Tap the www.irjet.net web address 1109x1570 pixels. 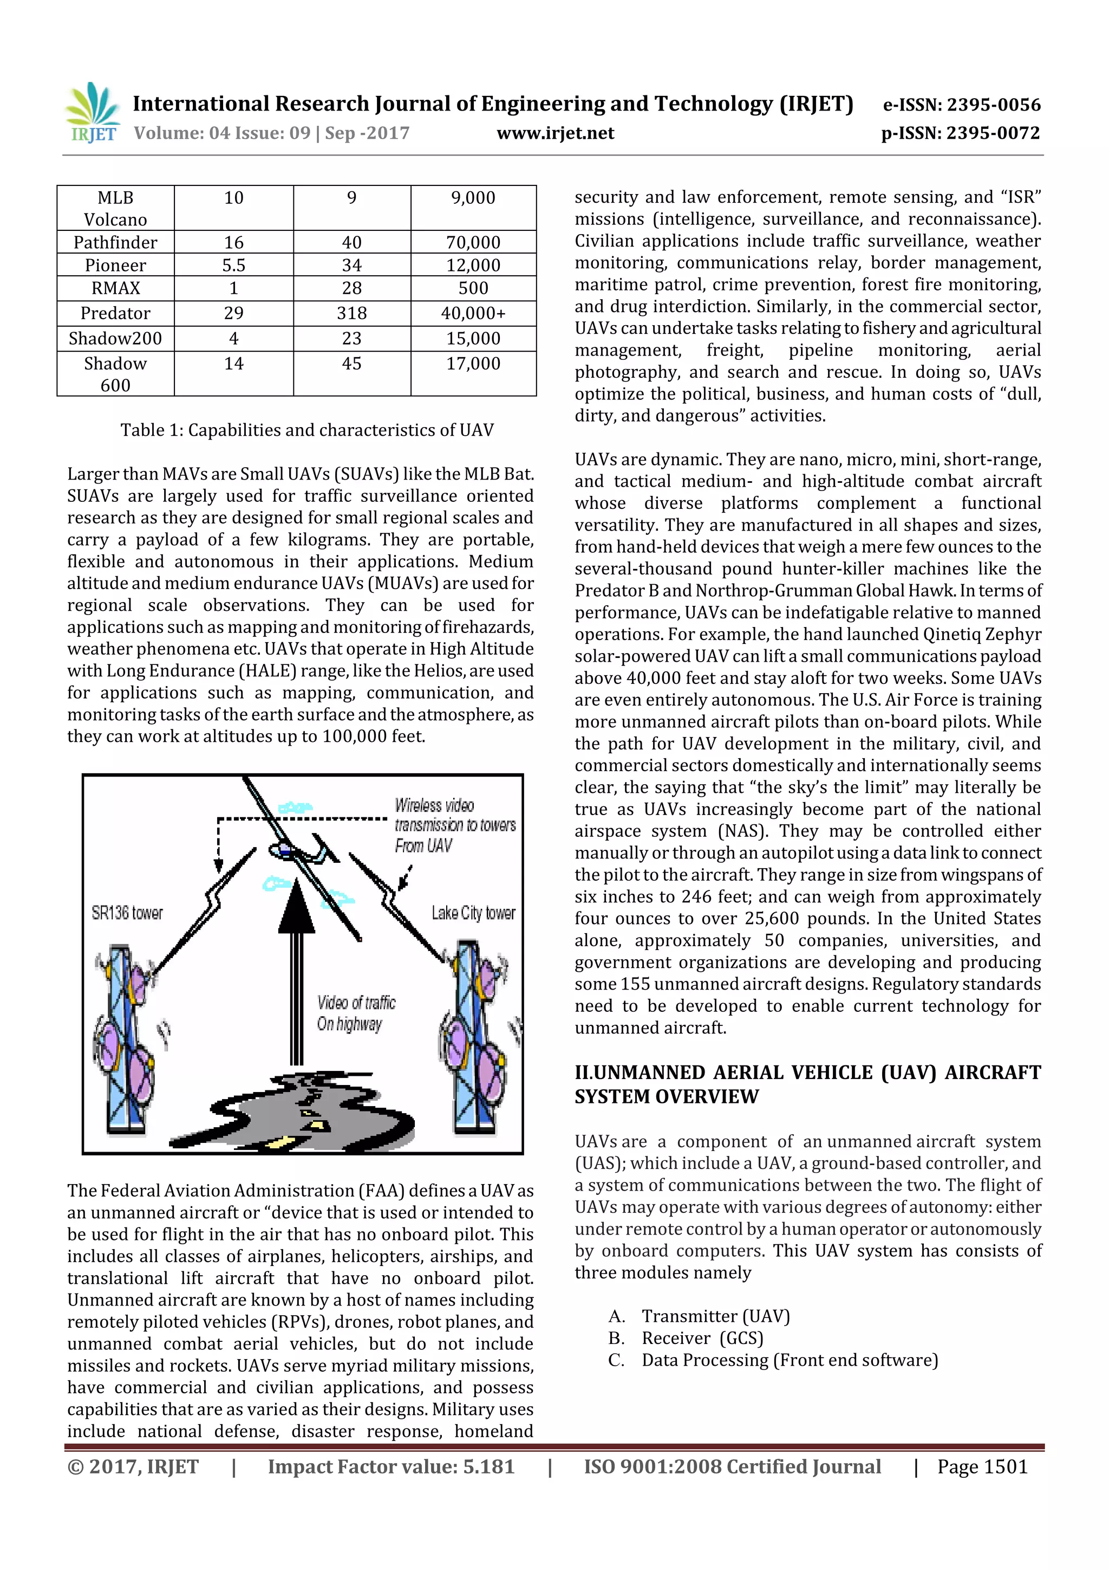(x=555, y=133)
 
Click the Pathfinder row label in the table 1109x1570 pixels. (x=115, y=242)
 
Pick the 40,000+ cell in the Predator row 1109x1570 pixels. (x=473, y=313)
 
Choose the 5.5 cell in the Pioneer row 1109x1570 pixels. (x=234, y=266)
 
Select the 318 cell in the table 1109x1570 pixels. (x=351, y=313)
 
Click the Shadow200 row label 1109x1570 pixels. (x=115, y=339)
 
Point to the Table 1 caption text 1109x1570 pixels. (x=307, y=430)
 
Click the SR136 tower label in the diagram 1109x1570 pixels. (x=127, y=913)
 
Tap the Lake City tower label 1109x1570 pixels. (x=473, y=913)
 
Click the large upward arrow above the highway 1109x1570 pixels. (x=297, y=971)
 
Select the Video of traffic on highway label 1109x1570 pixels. (x=355, y=1013)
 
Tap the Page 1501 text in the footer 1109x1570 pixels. (x=982, y=1466)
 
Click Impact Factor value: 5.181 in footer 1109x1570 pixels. (x=391, y=1466)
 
